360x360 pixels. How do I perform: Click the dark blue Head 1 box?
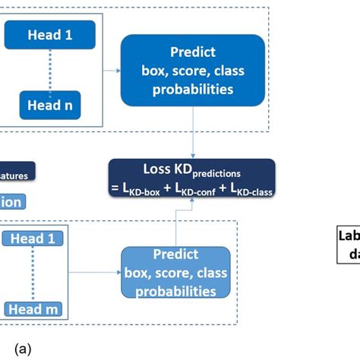tap(50, 35)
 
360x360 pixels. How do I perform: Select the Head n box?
tap(50, 106)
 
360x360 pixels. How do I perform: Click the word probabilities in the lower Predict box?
tap(175, 291)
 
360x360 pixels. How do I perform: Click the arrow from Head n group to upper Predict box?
tap(111, 70)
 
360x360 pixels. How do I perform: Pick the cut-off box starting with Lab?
tap(349, 243)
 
